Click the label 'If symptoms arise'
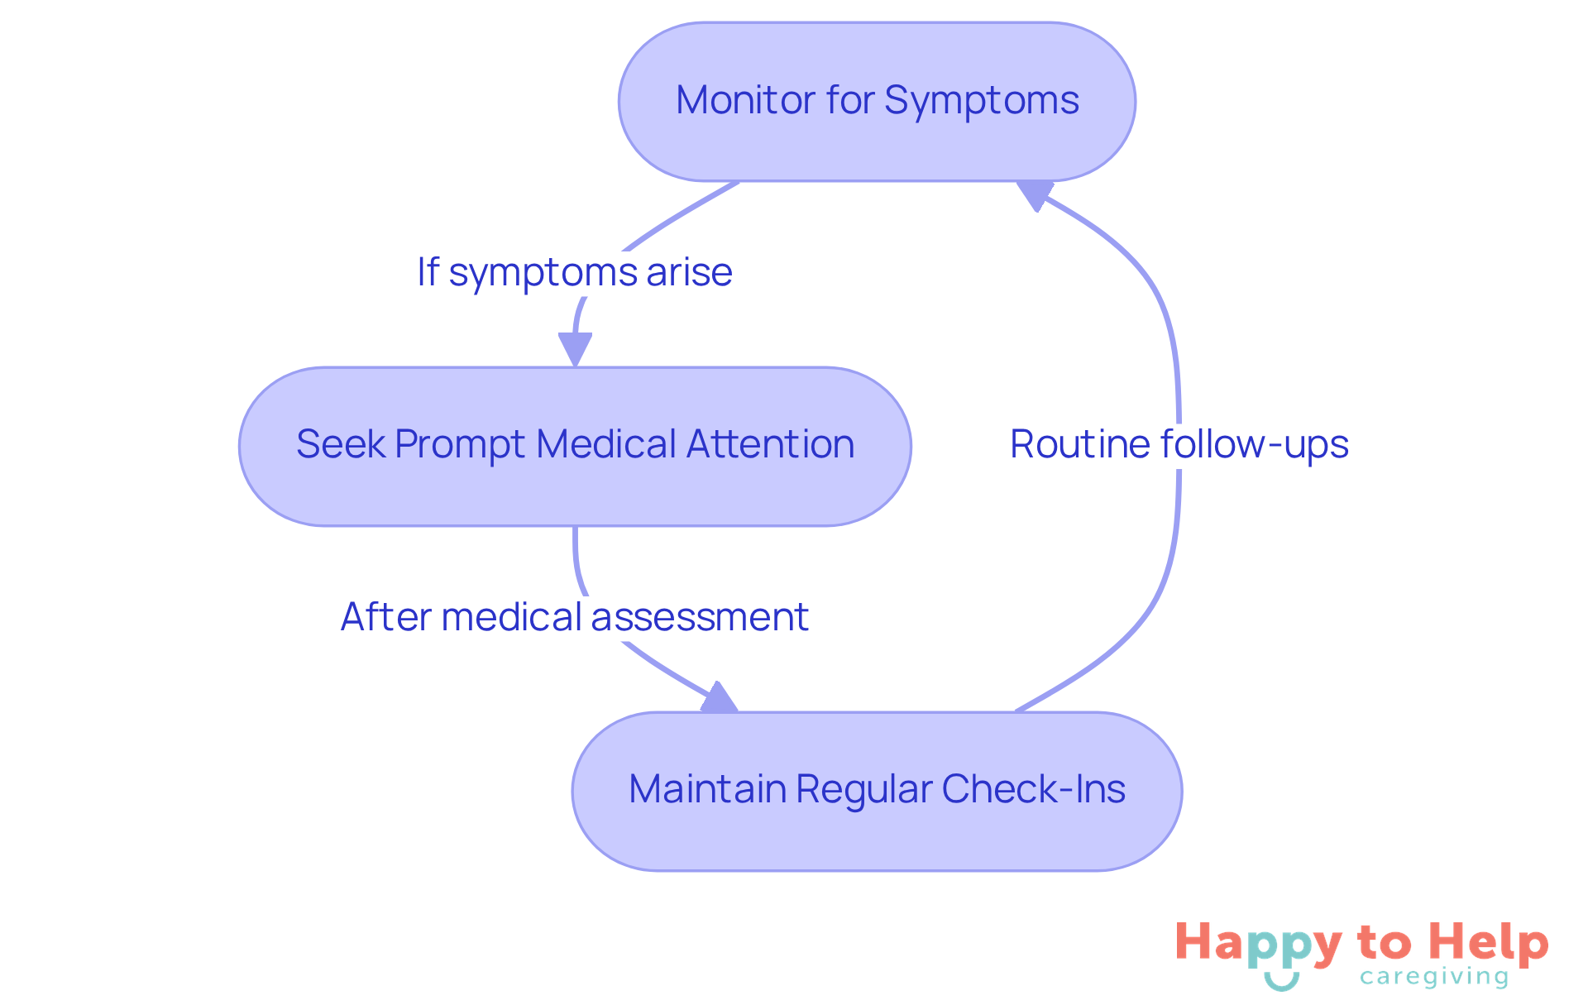[575, 272]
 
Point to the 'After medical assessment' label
[575, 617]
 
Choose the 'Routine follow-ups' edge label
[1179, 444]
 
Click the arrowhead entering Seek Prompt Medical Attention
[575, 348]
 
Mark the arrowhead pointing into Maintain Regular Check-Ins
[719, 698]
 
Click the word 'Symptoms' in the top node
[981, 101]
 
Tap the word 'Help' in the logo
[1489, 943]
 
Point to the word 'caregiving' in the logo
[1434, 977]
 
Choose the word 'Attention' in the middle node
[770, 444]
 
